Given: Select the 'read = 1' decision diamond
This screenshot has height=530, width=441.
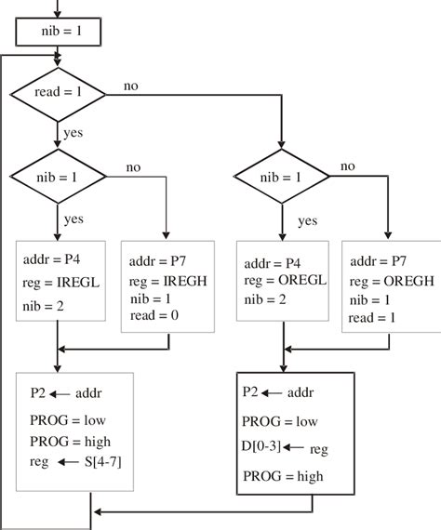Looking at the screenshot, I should click(x=59, y=93).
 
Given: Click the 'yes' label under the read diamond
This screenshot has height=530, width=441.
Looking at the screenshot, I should click(x=73, y=133).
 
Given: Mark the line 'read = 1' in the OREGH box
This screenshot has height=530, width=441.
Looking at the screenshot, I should click(x=373, y=318).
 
